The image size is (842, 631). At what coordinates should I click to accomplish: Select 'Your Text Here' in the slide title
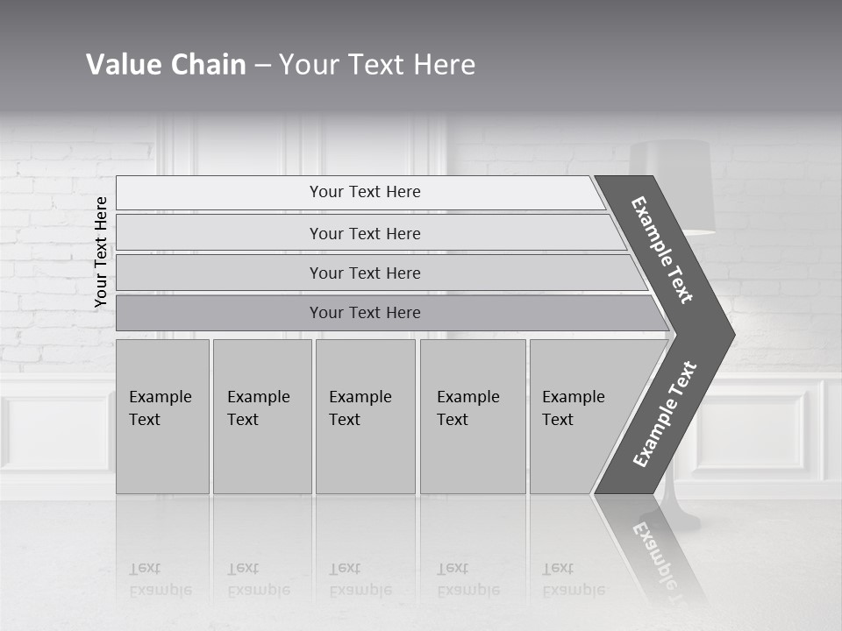(x=377, y=65)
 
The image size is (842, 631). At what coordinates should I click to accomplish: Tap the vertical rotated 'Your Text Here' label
(x=101, y=252)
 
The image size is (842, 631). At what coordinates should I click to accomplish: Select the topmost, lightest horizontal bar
(x=364, y=192)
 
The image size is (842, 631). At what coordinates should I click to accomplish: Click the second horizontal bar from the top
(x=364, y=233)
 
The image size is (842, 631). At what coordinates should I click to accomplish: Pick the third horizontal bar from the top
(x=364, y=273)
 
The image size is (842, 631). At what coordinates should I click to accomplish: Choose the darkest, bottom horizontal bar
(x=364, y=313)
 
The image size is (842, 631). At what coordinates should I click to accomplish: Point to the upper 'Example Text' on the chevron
(x=662, y=250)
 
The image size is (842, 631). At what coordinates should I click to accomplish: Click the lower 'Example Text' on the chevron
(x=665, y=415)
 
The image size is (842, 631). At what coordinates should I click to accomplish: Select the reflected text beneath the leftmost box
(x=161, y=579)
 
